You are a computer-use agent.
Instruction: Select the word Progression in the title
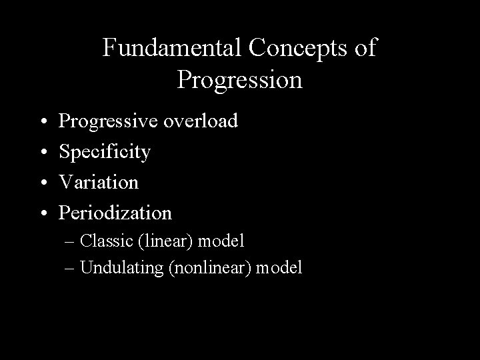pos(240,79)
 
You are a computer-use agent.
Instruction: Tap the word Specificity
pos(105,152)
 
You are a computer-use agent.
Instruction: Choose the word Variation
pos(99,182)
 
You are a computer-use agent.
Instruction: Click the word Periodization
pos(115,213)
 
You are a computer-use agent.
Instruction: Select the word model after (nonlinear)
pos(279,268)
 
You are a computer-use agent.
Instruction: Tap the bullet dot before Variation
pos(43,183)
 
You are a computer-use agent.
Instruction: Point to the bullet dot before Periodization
pos(43,213)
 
